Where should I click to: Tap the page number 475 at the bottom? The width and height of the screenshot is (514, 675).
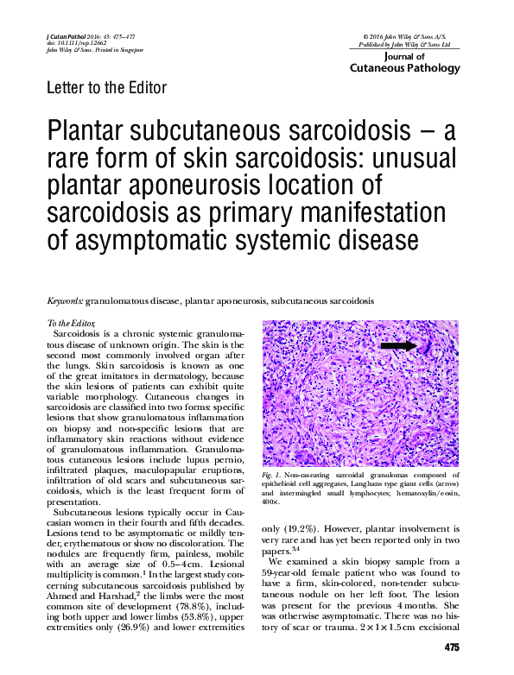451,647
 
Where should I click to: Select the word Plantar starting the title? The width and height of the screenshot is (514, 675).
89,133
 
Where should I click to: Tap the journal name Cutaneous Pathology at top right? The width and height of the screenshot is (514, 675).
405,67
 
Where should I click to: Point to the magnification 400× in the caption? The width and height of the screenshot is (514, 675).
272,502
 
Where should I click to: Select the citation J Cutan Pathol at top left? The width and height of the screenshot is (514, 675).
62,34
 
